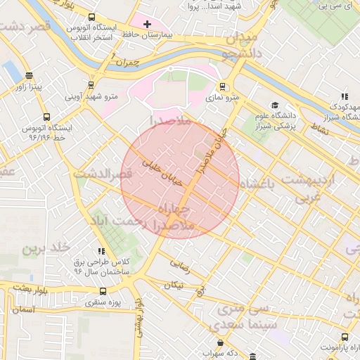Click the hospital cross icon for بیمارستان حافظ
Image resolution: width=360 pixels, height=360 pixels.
click(146, 25)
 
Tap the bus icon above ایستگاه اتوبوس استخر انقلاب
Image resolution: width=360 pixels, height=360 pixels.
click(91, 18)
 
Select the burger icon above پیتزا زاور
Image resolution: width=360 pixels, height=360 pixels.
click(29, 76)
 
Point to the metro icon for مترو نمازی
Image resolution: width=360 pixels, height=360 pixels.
click(223, 87)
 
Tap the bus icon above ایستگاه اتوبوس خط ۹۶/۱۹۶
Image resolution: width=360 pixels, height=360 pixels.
click(46, 117)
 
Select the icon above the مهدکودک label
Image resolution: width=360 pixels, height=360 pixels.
click(344, 96)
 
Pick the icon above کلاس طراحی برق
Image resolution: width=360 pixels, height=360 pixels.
click(101, 251)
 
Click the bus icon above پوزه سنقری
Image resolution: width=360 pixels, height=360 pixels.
click(103, 292)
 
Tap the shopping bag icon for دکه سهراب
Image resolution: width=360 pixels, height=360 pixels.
click(221, 342)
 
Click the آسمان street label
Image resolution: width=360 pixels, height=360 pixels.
click(22, 309)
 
